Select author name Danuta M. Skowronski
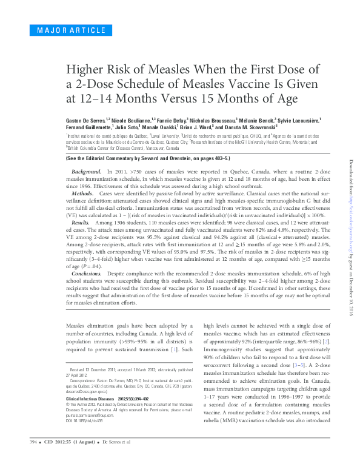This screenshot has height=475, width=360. (248, 127)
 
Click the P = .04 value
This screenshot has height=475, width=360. (96, 265)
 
